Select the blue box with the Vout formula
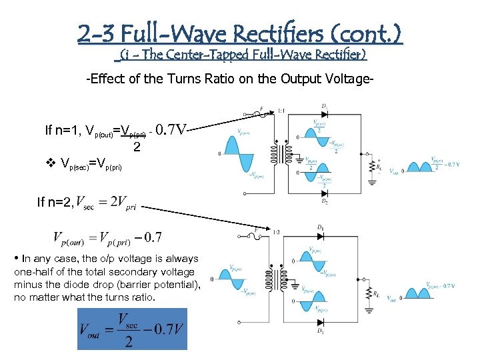coord(132,329)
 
